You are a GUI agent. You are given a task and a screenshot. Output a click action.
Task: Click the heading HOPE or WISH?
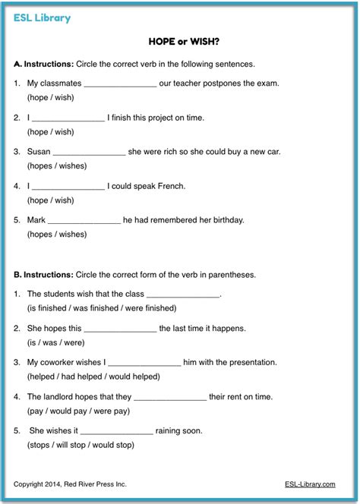tap(179, 44)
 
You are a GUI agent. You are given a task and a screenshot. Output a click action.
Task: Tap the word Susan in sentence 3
tap(39, 152)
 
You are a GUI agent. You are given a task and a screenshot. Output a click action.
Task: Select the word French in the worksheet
tap(169, 186)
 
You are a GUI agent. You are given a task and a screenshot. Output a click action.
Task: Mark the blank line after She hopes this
tap(119, 329)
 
